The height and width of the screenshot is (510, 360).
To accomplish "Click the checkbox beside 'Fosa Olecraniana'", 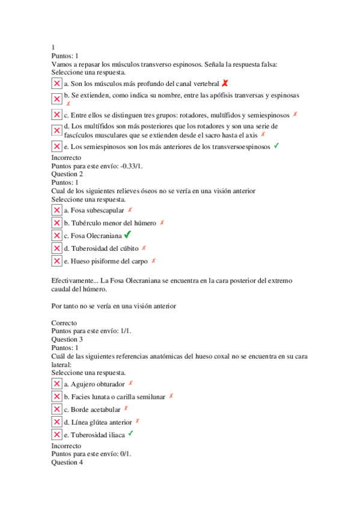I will point(57,236).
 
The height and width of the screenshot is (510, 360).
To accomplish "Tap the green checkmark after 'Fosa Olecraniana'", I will point(127,235).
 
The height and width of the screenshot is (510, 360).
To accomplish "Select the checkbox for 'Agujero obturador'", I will point(57,384).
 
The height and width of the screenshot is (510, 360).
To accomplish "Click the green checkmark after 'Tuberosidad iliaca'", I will point(130,434).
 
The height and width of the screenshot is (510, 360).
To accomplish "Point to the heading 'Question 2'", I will point(67,174).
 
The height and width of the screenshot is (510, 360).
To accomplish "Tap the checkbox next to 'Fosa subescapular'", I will point(57,210).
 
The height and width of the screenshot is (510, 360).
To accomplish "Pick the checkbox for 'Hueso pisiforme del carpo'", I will point(57,261).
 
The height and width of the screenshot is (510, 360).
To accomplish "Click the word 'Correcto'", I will point(65,323).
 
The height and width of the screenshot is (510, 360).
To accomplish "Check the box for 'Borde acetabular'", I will point(57,409).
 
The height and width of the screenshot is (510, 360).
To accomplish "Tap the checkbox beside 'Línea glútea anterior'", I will point(57,422).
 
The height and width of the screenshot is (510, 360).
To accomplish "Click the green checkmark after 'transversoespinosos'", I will point(276,146).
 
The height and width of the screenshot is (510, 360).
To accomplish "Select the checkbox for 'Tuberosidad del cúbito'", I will point(57,248).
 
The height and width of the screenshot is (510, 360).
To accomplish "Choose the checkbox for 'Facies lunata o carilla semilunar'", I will point(57,396).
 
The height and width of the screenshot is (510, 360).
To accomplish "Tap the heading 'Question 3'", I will point(67,340).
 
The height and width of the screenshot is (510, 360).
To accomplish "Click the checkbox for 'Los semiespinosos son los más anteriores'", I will point(57,146).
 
